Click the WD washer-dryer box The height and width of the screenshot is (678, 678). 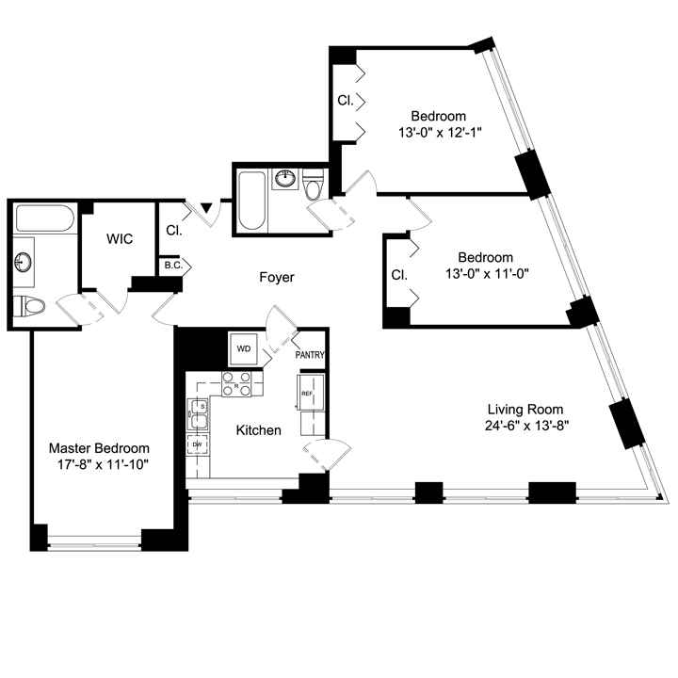244,349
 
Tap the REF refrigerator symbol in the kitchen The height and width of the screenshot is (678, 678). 309,395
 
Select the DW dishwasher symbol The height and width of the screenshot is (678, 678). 198,444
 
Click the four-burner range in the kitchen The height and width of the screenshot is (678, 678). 236,384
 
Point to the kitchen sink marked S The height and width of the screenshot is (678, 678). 199,412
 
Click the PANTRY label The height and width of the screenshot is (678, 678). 310,356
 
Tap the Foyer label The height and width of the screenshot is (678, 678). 277,278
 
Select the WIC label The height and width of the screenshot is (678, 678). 119,240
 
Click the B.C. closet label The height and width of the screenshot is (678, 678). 172,266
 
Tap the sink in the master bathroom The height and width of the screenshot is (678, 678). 24,261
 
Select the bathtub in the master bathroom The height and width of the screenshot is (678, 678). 45,220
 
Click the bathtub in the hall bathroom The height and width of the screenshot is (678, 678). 250,200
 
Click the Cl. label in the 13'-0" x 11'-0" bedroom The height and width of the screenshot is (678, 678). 398,275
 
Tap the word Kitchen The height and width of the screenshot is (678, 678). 258,430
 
